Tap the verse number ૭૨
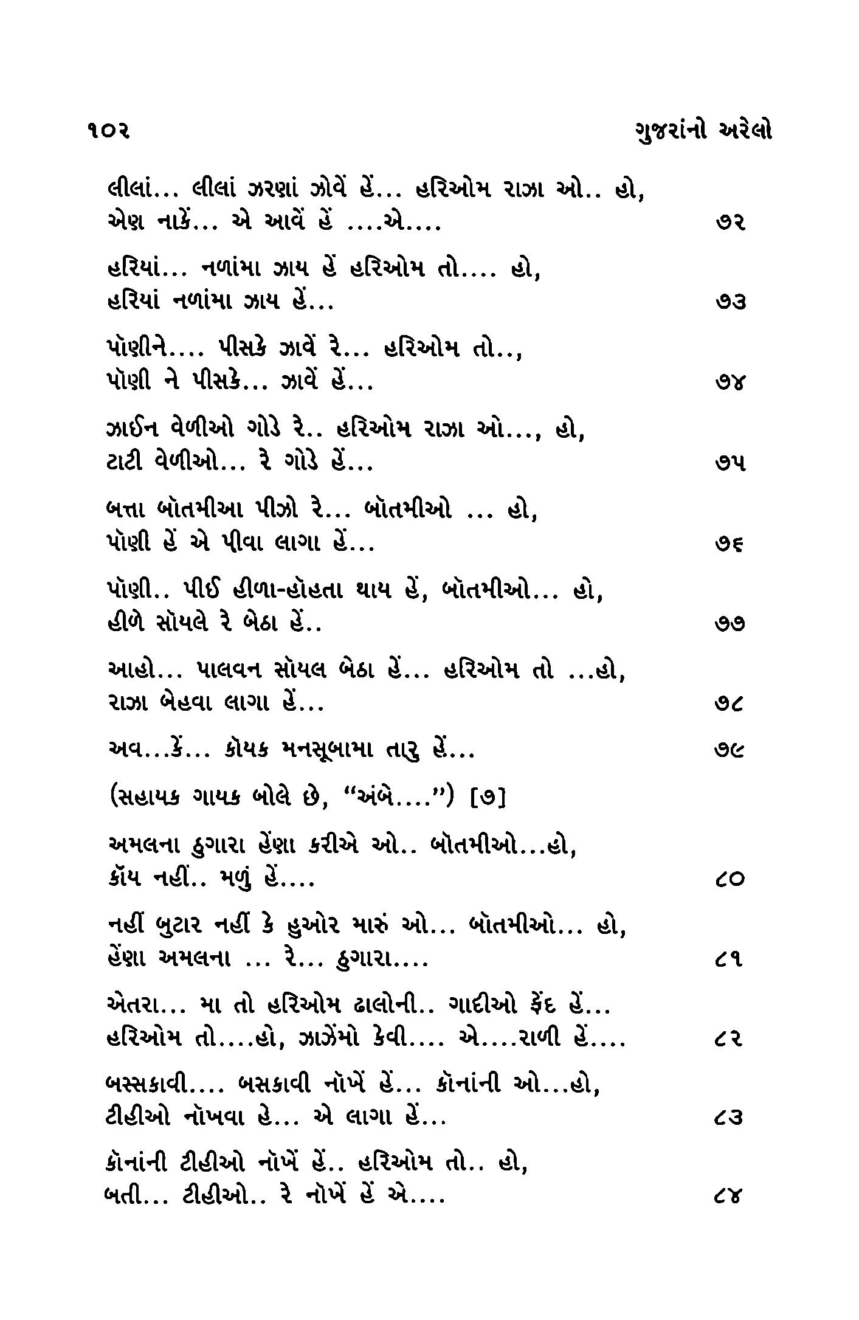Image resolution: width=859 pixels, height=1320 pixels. [x=730, y=223]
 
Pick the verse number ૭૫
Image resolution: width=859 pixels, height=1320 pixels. [x=730, y=463]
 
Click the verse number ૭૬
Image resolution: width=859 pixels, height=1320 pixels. [x=730, y=545]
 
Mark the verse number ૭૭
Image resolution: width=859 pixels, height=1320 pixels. [x=730, y=624]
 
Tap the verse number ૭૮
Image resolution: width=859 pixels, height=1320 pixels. [x=730, y=705]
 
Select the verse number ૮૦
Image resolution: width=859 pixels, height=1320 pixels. [x=730, y=880]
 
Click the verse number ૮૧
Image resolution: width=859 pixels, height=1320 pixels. [x=730, y=961]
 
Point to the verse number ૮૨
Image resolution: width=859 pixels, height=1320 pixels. [x=730, y=1040]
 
